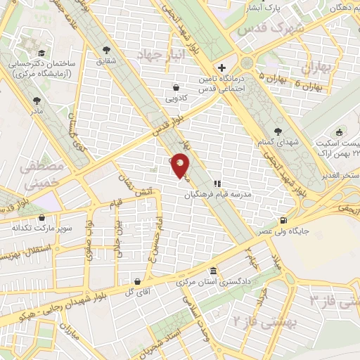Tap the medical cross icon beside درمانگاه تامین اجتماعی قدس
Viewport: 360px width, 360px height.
(x=222, y=68)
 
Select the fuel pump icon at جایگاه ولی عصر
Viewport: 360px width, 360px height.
(x=283, y=219)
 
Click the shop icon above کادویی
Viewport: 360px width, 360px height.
(x=175, y=87)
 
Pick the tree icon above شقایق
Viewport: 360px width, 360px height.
(x=106, y=49)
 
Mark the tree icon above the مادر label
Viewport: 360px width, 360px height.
(x=35, y=100)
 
